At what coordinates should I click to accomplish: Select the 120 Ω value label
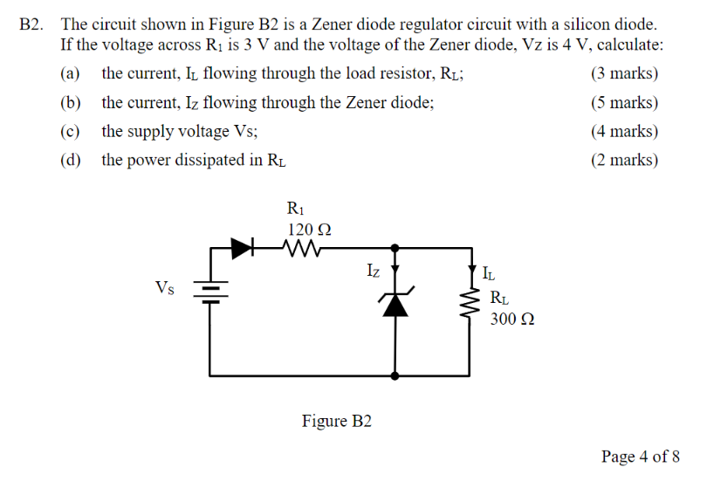[309, 229]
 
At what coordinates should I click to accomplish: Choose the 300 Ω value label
[512, 319]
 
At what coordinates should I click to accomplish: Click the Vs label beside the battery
[164, 287]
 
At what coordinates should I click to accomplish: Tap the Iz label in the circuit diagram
[373, 272]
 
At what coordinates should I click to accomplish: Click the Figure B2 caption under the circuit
[337, 422]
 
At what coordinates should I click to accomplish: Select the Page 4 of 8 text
[640, 457]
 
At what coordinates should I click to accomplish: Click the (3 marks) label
[624, 74]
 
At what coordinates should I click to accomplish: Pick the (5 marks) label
[624, 103]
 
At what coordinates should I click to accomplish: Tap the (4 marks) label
[624, 132]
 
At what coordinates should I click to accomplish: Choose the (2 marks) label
[624, 161]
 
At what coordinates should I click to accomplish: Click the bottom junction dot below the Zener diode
[396, 376]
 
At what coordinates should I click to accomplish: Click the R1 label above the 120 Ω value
[295, 209]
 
